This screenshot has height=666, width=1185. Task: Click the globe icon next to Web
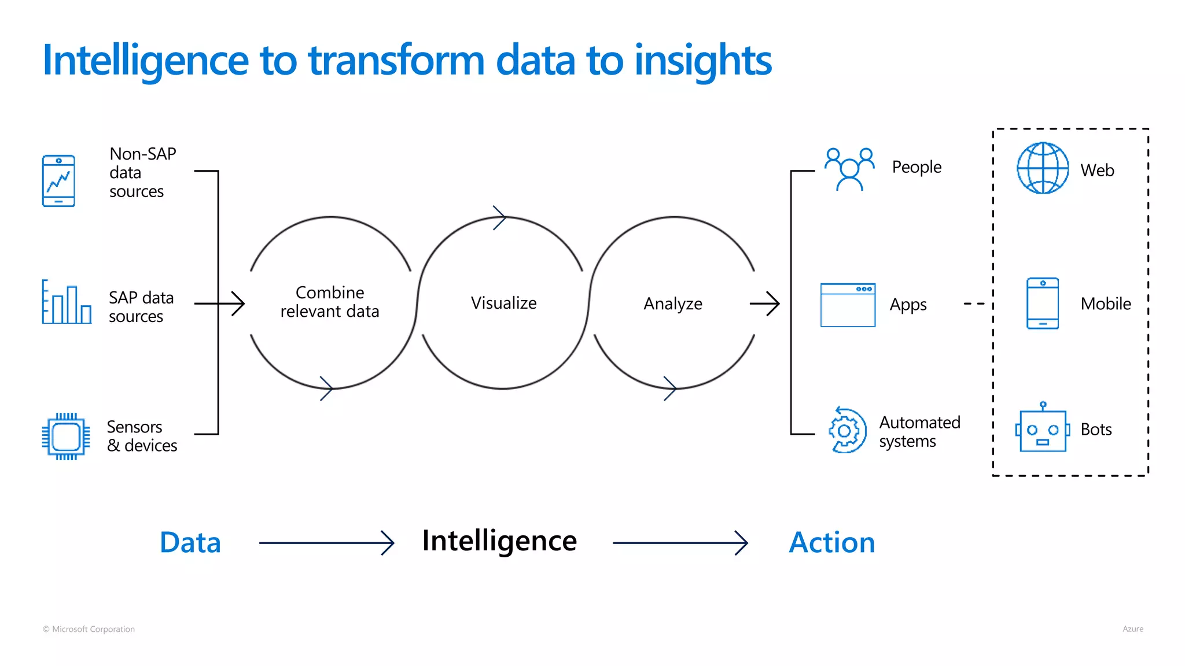[1043, 168]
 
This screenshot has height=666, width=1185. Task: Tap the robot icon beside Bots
[1043, 429]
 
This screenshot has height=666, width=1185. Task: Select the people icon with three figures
[849, 169]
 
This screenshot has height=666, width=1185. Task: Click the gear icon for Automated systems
[847, 431]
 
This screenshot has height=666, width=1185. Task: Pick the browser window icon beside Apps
[848, 305]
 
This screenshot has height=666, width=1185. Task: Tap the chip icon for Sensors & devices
[66, 436]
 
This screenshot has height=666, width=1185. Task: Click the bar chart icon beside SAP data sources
[67, 302]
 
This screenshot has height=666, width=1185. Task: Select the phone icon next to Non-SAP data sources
[58, 181]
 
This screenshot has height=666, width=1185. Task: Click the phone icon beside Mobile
[1043, 304]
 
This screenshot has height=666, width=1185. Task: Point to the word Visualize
[503, 303]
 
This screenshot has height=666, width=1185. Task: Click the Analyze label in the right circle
[673, 304]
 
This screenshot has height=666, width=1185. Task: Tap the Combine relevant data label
[330, 302]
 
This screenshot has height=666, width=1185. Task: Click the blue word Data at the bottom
[190, 542]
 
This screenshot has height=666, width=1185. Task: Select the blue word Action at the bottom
[831, 542]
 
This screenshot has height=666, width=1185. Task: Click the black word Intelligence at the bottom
[499, 541]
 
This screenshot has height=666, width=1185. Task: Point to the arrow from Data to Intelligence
[327, 543]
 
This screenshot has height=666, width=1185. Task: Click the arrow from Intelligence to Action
[680, 543]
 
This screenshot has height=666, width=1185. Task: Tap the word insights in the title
[702, 61]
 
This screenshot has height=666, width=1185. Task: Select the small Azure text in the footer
[1132, 629]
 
